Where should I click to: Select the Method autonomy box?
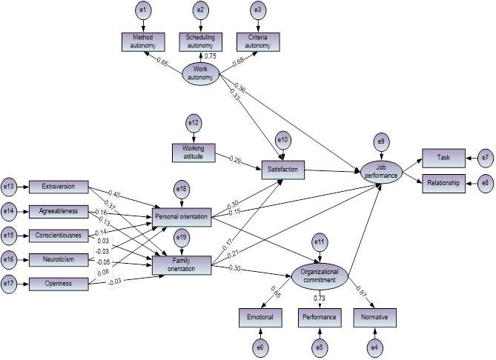pos(143,42)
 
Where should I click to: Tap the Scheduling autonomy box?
pos(200,42)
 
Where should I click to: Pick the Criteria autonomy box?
pos(257,42)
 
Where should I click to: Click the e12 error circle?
pos(192,123)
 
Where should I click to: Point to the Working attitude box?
pos(192,153)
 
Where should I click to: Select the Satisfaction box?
pos(283,170)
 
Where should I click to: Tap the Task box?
pos(444,159)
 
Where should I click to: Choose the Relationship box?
pos(444,182)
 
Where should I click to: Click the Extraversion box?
pos(59,187)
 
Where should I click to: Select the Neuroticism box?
pos(59,259)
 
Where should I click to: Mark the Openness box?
pos(59,282)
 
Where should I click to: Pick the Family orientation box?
pos(181,264)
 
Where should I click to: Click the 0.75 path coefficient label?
pos(211,55)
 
